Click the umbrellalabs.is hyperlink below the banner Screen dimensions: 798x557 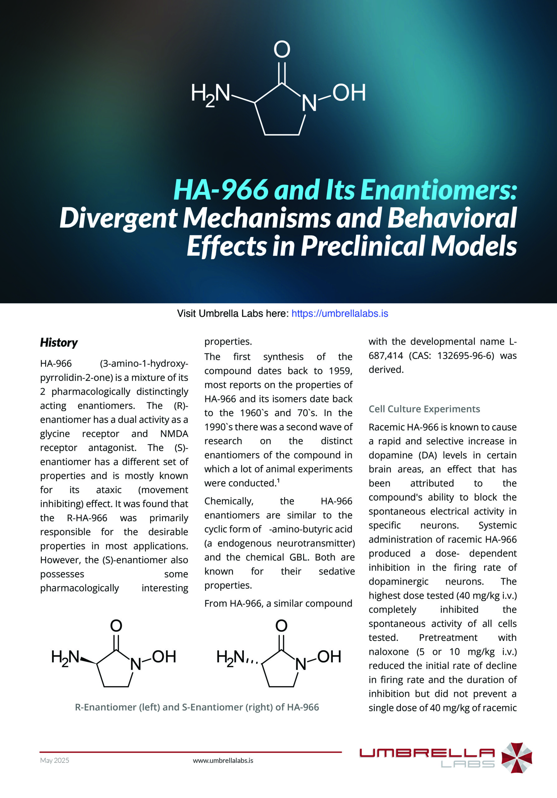point(340,314)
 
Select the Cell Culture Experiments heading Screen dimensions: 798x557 point(424,409)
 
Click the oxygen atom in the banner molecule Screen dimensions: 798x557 point(282,49)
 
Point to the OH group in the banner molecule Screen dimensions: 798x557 point(349,93)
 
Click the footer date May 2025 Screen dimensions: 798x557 point(55,761)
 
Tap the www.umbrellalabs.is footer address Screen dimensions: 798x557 point(223,761)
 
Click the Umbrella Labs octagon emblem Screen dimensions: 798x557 point(517,758)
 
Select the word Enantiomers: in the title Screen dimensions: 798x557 point(439,190)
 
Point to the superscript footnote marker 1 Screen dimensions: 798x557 point(278,480)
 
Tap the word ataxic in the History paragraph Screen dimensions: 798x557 point(109,490)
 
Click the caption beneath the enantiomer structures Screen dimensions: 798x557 point(197,707)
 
